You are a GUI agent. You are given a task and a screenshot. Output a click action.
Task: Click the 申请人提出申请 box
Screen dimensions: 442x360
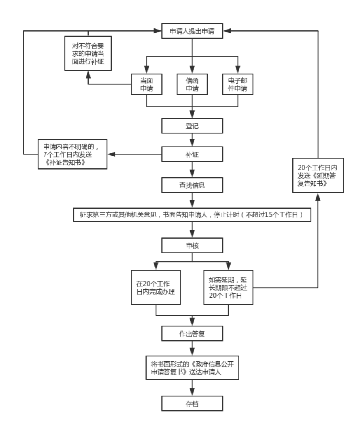192,32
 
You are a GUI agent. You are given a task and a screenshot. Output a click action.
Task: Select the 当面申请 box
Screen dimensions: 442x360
147,84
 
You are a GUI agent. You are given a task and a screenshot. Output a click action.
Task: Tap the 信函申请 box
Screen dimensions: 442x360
192,84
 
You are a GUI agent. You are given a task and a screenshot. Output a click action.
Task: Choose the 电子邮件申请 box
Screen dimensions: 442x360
238,84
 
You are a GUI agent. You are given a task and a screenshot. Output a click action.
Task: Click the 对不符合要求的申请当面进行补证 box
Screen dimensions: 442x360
88,53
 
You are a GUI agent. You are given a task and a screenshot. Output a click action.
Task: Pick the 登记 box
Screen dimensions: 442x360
192,126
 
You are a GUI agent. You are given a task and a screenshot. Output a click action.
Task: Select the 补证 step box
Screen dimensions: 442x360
192,154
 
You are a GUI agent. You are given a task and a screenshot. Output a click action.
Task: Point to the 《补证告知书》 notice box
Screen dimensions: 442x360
73,154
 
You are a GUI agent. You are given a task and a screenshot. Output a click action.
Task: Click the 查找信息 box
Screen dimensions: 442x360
192,186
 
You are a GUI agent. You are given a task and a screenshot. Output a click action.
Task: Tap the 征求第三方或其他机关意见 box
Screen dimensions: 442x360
192,215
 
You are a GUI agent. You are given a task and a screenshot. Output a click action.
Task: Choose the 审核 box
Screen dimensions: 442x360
192,246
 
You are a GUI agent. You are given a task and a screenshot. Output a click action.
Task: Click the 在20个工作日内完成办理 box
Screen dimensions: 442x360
156,288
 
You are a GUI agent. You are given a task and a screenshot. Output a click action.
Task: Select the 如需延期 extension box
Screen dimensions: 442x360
228,288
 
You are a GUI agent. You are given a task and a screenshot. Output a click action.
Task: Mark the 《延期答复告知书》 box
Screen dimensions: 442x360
318,175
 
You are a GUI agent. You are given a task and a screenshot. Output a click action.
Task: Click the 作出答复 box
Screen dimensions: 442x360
192,334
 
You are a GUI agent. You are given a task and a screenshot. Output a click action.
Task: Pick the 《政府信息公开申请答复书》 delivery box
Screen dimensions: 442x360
192,368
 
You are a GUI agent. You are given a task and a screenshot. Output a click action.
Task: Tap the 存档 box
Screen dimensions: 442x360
192,403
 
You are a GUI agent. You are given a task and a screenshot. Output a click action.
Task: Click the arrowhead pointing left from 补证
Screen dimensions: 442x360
112,154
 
